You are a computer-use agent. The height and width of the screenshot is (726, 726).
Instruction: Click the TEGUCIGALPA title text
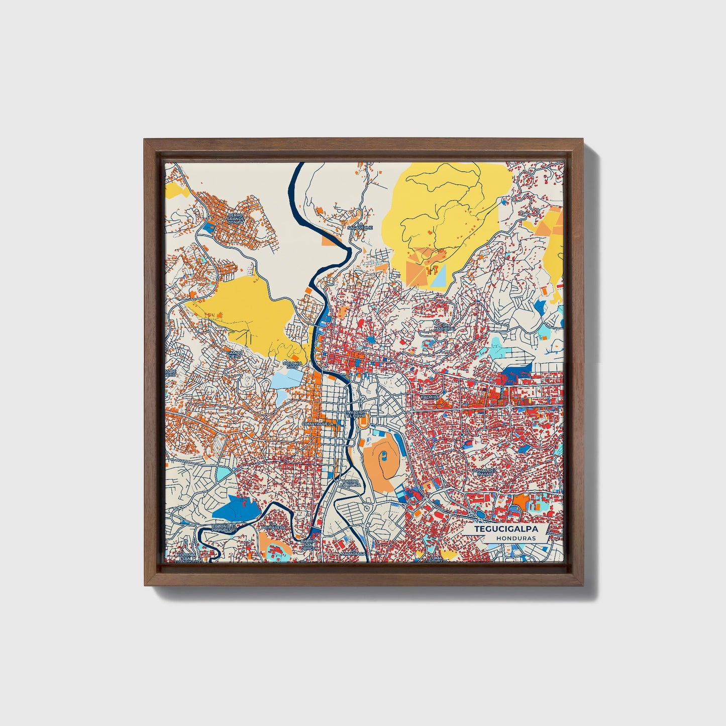click(506, 529)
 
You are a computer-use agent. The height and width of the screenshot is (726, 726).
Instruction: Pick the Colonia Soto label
click(293, 365)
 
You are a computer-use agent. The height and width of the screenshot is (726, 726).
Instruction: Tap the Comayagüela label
click(318, 424)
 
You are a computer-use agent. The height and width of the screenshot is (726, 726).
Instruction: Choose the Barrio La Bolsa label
click(351, 483)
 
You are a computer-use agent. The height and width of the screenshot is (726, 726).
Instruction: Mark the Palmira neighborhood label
click(430, 397)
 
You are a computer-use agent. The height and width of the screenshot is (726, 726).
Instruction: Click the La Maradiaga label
click(352, 553)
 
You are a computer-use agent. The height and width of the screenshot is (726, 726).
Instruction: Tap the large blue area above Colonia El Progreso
click(236, 508)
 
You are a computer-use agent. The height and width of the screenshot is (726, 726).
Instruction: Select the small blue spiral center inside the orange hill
click(384, 455)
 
